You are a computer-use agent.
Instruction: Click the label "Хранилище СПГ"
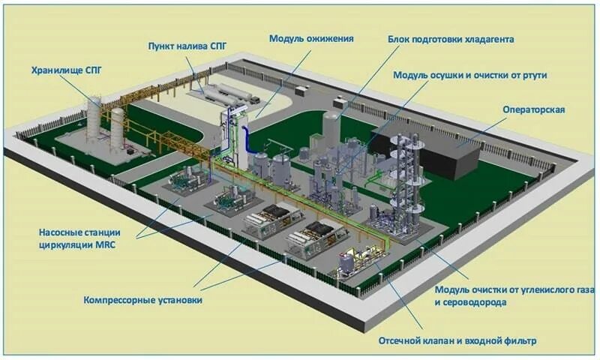(x=65, y=71)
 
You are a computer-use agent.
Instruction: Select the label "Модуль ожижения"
(x=310, y=37)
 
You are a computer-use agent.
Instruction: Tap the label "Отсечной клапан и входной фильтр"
(x=457, y=341)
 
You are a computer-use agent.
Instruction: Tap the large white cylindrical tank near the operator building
(x=331, y=127)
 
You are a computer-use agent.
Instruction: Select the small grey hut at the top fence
(x=302, y=90)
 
